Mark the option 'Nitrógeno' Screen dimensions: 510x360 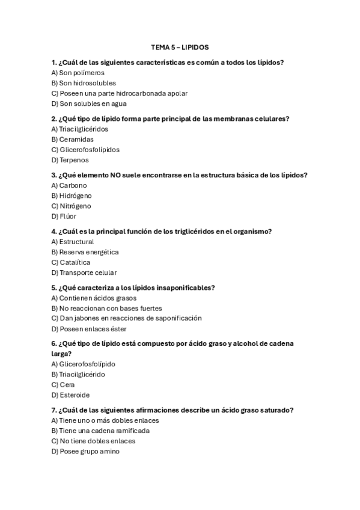point(72,206)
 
